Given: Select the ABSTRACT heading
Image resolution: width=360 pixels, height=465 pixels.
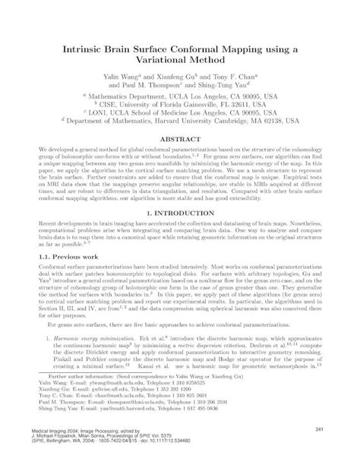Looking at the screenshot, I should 179,141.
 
